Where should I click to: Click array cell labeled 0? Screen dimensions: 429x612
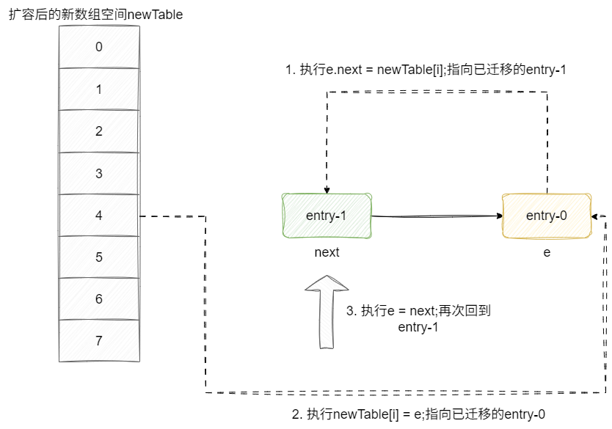99,48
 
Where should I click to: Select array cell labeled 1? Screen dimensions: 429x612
99,89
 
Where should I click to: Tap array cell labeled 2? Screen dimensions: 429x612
99,131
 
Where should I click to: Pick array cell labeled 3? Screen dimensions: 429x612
99,174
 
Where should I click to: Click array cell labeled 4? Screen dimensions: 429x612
99,216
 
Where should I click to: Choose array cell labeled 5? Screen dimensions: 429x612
99,257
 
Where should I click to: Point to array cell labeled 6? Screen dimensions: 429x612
99,299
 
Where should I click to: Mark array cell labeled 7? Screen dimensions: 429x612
99,341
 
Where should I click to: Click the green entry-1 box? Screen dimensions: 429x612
327,216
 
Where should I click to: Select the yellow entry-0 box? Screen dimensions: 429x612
547,216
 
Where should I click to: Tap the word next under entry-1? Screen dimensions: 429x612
327,252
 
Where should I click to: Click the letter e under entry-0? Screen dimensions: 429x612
547,252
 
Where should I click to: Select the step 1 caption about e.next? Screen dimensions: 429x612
426,70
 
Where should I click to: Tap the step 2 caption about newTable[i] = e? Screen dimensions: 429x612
418,414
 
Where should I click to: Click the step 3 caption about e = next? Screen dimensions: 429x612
418,318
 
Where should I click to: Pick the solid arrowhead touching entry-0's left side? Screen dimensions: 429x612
499,216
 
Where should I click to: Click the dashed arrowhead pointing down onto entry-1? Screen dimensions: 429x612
327,189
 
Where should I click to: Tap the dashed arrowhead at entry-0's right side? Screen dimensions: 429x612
597,216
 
